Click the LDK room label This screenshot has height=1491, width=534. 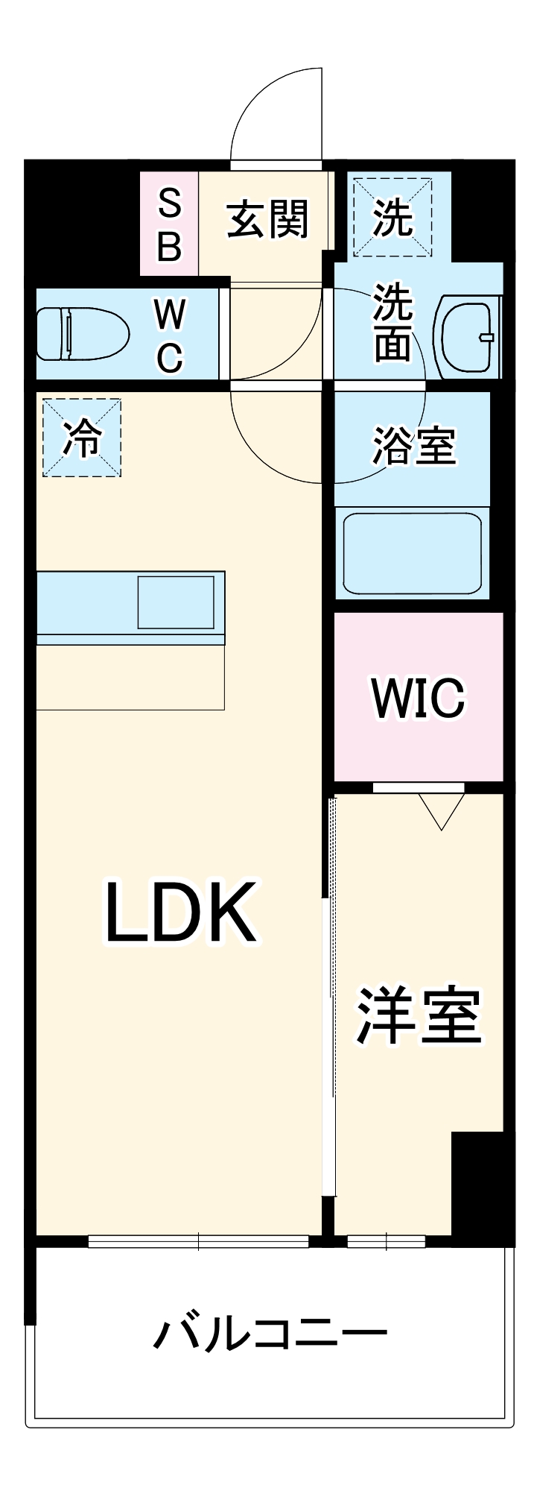point(181,912)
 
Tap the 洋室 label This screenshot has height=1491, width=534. point(419,1015)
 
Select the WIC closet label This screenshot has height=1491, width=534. point(418,699)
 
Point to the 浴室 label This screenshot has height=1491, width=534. point(413,445)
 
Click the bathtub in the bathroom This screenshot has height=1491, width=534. point(412,552)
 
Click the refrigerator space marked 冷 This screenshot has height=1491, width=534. point(82,438)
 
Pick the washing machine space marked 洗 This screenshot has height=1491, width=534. point(392,216)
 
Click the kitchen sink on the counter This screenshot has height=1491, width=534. point(177,601)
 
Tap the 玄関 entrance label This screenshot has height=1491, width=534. point(267,220)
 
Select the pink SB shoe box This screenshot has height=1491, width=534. point(170,224)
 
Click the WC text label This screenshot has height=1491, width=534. point(170,336)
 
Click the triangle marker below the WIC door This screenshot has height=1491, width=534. point(442,810)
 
